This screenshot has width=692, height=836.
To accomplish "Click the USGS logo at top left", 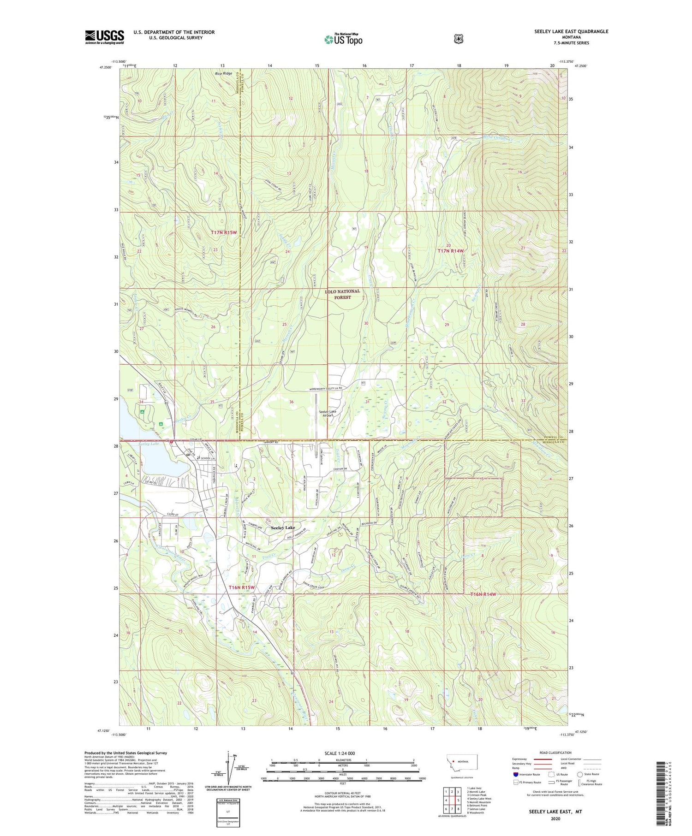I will [x=105, y=37].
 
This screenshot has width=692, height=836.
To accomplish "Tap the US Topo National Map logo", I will [x=343, y=39].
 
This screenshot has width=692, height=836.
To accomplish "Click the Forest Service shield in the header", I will [x=458, y=39].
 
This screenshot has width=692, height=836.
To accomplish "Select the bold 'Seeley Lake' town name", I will [x=283, y=528].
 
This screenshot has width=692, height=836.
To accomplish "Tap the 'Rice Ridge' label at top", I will [x=224, y=73].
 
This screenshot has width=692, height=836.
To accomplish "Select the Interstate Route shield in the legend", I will [x=516, y=774].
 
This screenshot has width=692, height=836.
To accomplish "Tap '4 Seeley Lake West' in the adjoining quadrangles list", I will [x=479, y=798].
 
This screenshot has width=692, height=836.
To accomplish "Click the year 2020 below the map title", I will [x=555, y=818].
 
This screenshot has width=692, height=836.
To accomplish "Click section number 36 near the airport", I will [x=291, y=402].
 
